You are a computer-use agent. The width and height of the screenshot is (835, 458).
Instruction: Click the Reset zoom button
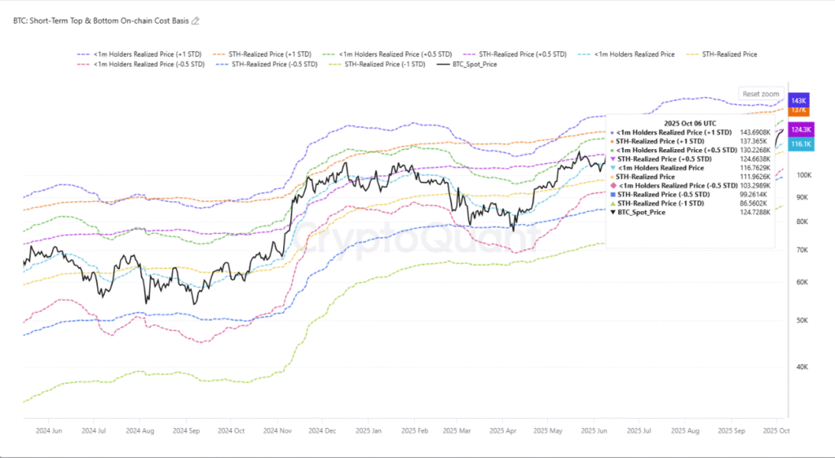pyautogui.click(x=761, y=94)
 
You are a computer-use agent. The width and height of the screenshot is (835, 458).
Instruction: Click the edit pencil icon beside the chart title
pyautogui.click(x=195, y=21)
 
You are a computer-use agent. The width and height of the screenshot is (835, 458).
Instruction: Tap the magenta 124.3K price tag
pyautogui.click(x=802, y=130)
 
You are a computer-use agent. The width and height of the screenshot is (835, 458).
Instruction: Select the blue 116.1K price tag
pyautogui.click(x=801, y=144)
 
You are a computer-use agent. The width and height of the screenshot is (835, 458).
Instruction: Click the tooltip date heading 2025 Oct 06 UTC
pyautogui.click(x=689, y=122)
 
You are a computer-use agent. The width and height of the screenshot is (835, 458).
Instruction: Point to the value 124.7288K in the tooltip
pyautogui.click(x=753, y=211)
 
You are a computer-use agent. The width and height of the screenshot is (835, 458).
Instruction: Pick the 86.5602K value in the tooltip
pyautogui.click(x=753, y=202)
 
